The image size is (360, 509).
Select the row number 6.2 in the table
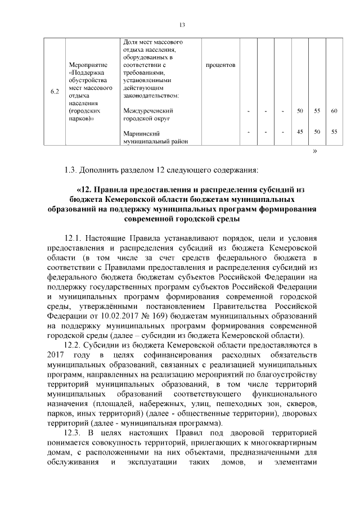[x=55, y=92]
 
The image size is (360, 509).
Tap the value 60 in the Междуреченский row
[x=334, y=111]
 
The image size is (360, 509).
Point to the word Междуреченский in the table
[x=147, y=111]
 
